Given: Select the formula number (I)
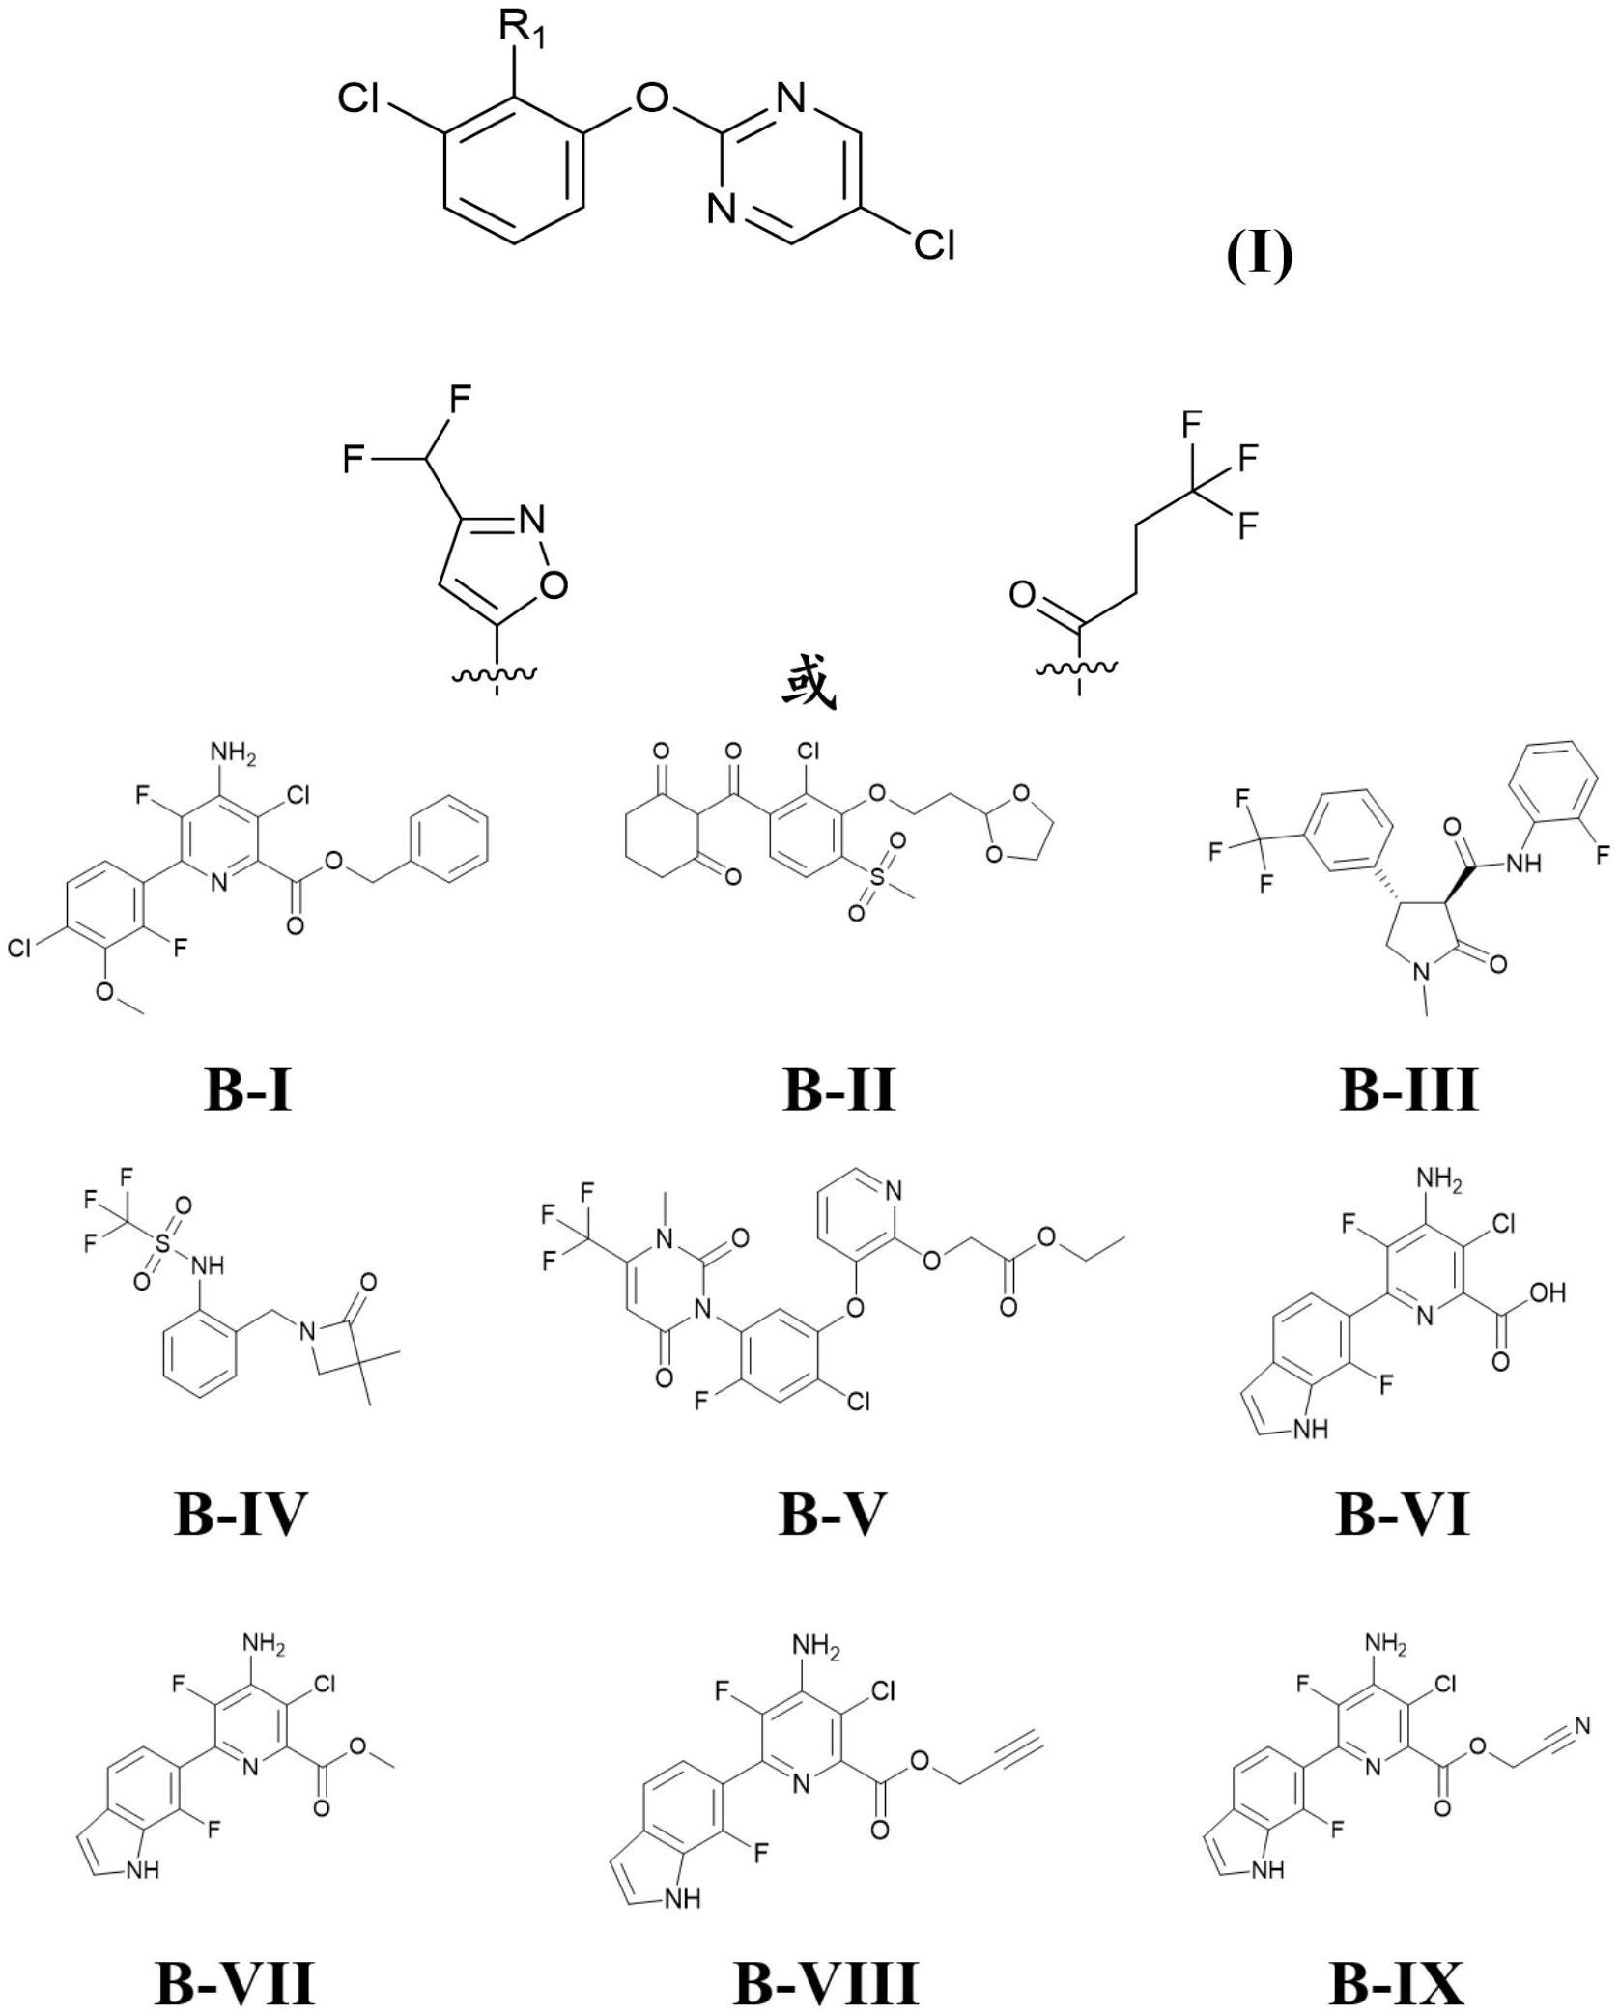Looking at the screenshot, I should [x=1259, y=256].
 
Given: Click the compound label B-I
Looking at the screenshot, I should [x=248, y=1089].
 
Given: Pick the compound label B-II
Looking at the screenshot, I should [x=838, y=1089].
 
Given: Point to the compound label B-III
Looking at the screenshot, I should [x=1408, y=1089].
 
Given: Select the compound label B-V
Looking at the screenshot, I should [x=832, y=1514].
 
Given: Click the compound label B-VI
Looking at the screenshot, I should [x=1403, y=1514].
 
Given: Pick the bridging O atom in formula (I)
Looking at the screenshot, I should [x=654, y=97].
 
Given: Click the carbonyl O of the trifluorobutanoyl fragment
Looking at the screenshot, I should [x=1023, y=594].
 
